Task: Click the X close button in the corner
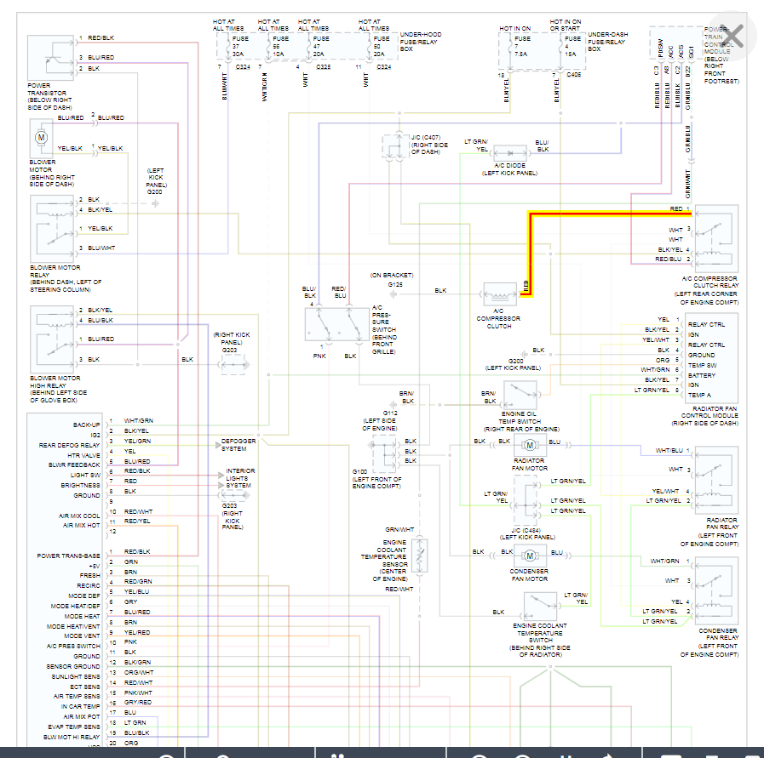[x=732, y=36]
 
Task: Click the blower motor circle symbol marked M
[x=41, y=136]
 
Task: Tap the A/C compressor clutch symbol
[x=500, y=291]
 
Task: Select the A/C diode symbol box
[x=509, y=151]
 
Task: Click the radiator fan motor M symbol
[x=529, y=443]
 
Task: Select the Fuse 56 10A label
[x=279, y=44]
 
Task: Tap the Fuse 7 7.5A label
[x=522, y=44]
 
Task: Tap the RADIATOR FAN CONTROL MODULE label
[x=704, y=415]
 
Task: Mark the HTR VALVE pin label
[x=83, y=454]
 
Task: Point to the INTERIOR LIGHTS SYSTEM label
[x=240, y=479]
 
